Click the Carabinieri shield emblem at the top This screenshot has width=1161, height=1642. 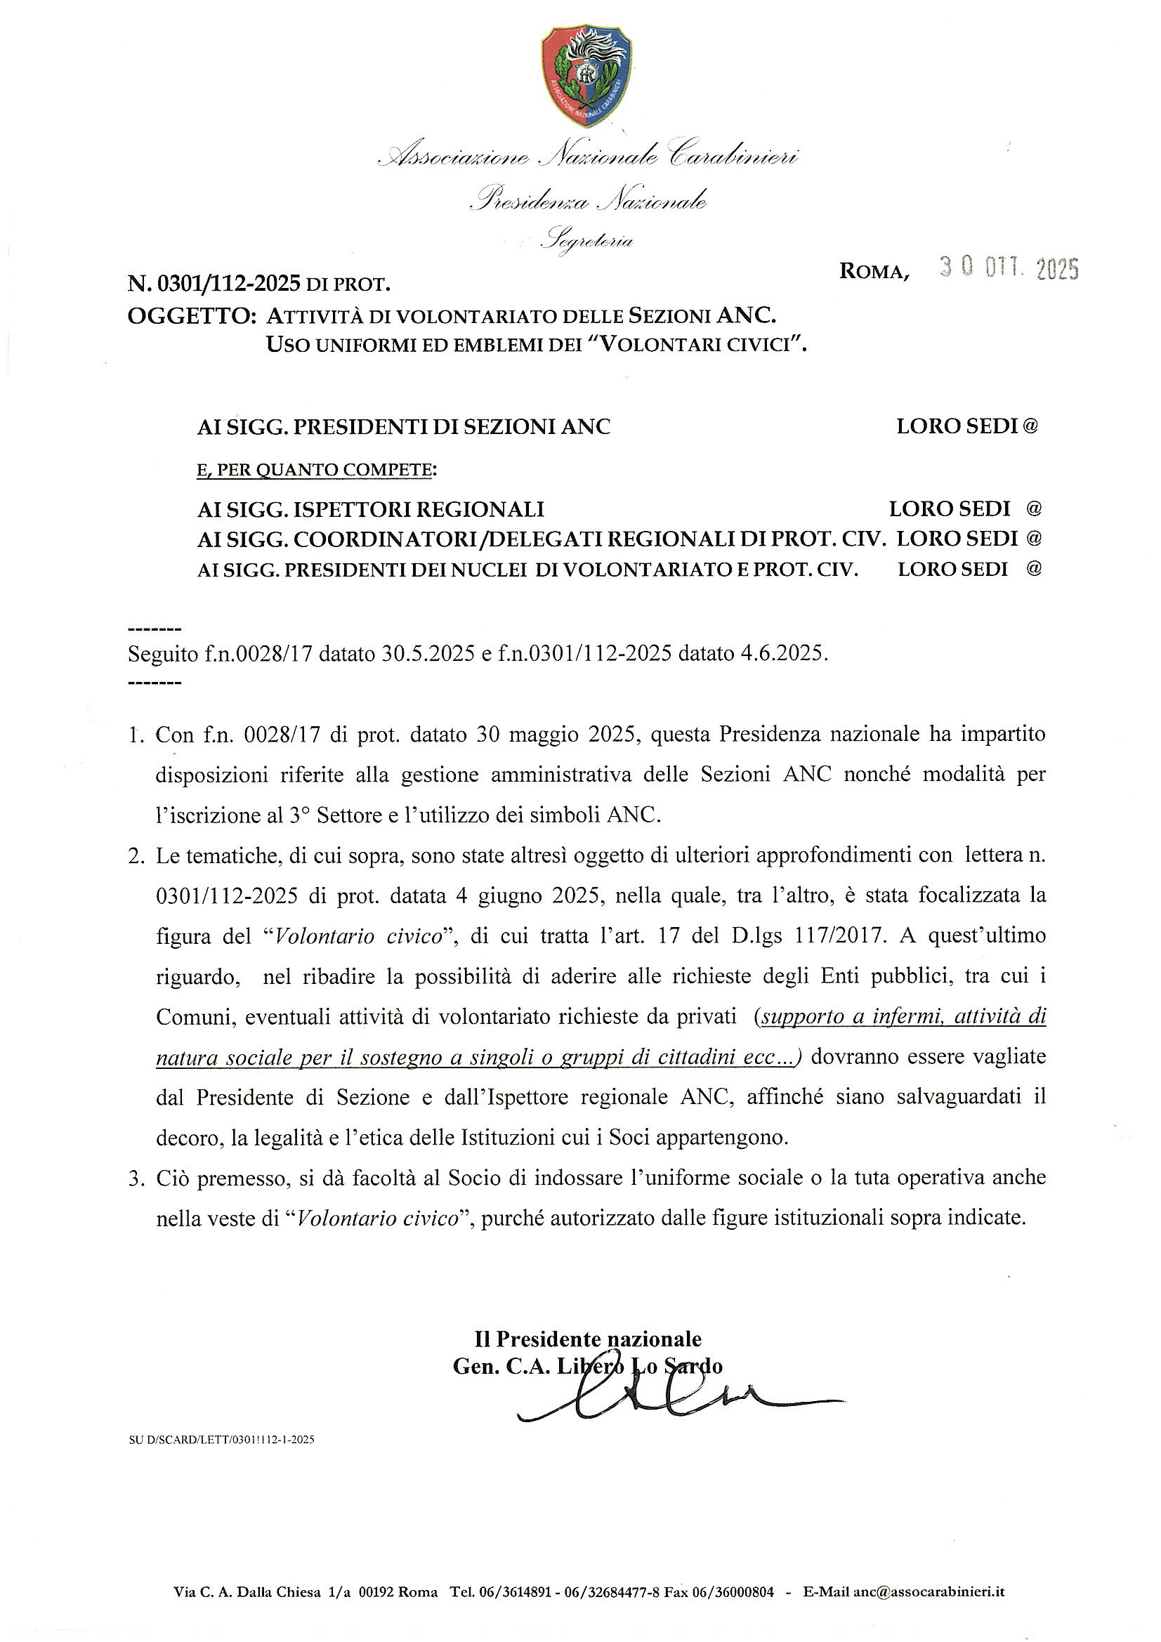[586, 74]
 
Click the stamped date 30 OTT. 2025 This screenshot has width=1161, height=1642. [1009, 269]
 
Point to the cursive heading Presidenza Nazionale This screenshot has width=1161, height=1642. [588, 199]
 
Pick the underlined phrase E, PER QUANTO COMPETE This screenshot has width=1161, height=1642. [316, 470]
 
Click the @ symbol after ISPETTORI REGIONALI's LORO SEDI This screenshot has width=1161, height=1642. [1034, 508]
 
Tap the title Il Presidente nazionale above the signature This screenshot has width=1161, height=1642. [587, 1339]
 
